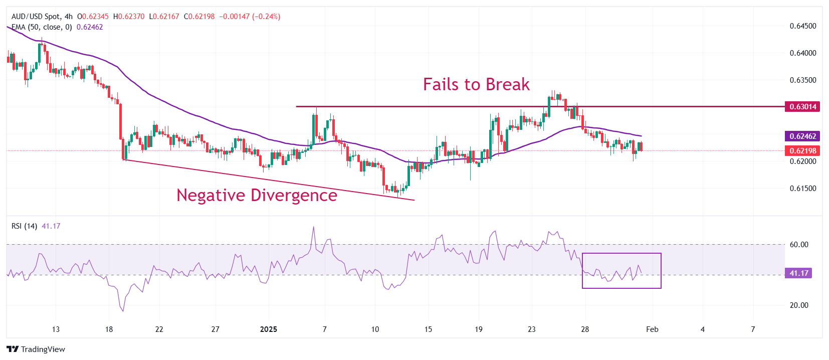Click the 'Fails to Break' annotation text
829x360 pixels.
(x=476, y=84)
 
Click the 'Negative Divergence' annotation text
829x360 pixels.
(x=257, y=195)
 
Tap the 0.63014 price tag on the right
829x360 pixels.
(x=803, y=106)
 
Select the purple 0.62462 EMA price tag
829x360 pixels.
(x=803, y=136)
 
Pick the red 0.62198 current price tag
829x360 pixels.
(x=803, y=150)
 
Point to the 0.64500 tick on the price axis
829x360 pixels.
(x=803, y=26)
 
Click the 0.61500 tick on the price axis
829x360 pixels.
(x=803, y=189)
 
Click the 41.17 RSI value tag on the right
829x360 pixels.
(x=799, y=273)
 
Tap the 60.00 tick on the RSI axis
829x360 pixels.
(x=799, y=245)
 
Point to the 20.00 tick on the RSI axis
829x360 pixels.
(x=799, y=305)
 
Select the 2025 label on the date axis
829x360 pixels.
(x=269, y=329)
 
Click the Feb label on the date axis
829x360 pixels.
(x=652, y=329)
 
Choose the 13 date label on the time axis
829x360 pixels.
(x=56, y=329)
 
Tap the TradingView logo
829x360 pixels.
(x=36, y=349)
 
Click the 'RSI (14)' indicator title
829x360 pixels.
(x=24, y=226)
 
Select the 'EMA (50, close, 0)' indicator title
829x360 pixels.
(x=42, y=27)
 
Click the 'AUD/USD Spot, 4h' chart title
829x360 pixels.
(x=42, y=17)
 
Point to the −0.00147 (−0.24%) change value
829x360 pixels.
(x=250, y=17)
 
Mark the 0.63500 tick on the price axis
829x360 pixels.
(x=803, y=80)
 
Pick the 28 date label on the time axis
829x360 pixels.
(x=585, y=329)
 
